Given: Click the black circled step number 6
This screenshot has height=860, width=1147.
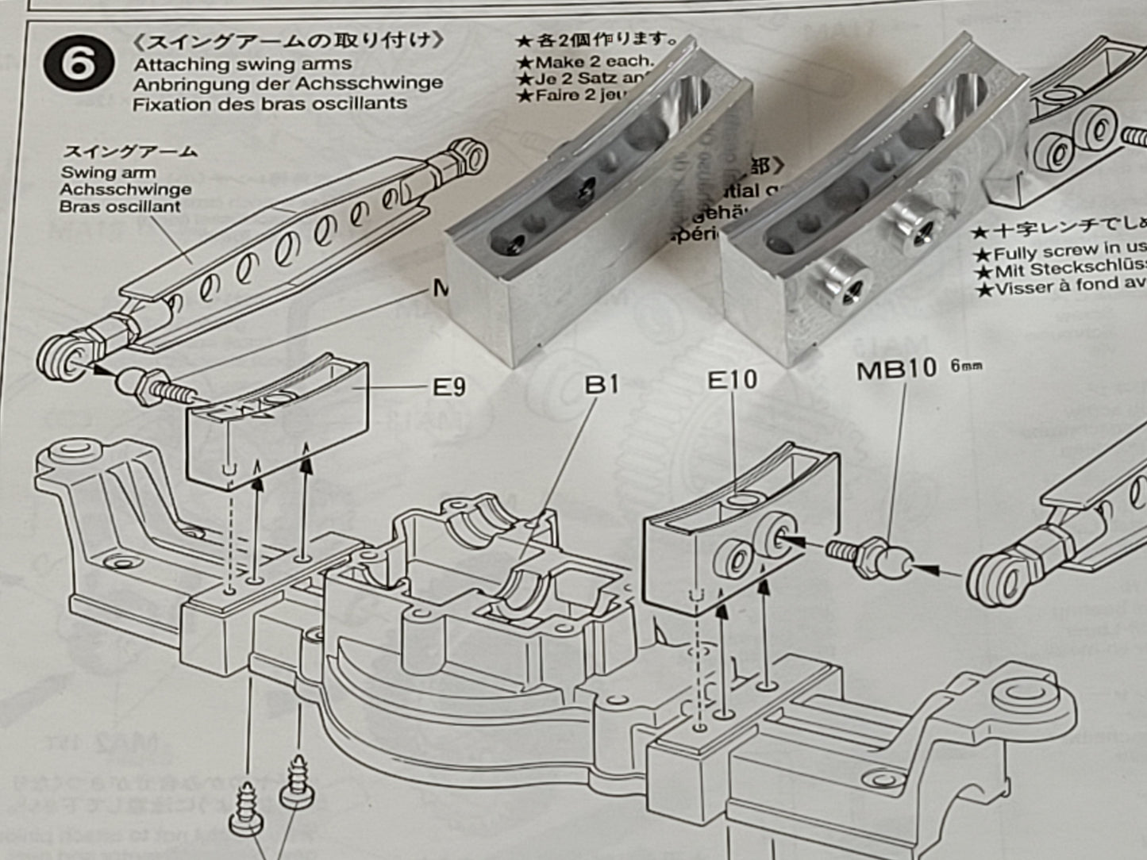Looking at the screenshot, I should [x=77, y=63].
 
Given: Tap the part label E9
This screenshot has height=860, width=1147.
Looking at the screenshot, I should [x=448, y=387].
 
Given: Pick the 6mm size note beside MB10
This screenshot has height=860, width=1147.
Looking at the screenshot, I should [x=965, y=366].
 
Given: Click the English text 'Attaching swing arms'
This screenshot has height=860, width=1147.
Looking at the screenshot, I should [x=242, y=64].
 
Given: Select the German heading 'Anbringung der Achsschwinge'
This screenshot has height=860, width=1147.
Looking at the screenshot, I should [x=287, y=83].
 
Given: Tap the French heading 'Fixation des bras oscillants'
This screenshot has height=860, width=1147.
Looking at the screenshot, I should [x=270, y=103].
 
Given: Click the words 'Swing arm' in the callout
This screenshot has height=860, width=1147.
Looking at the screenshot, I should [x=108, y=172].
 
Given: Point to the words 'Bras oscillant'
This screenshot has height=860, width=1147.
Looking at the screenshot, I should [x=120, y=206].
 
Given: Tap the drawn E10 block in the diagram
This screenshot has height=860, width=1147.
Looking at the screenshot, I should [x=738, y=539].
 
